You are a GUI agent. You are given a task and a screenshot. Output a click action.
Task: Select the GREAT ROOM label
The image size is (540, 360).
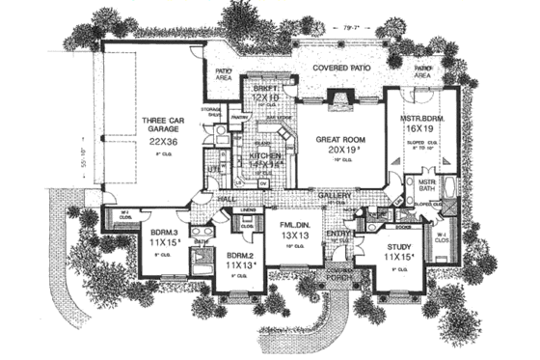click(x=339, y=140)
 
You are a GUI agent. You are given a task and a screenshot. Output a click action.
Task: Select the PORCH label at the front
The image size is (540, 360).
click(x=332, y=282)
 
